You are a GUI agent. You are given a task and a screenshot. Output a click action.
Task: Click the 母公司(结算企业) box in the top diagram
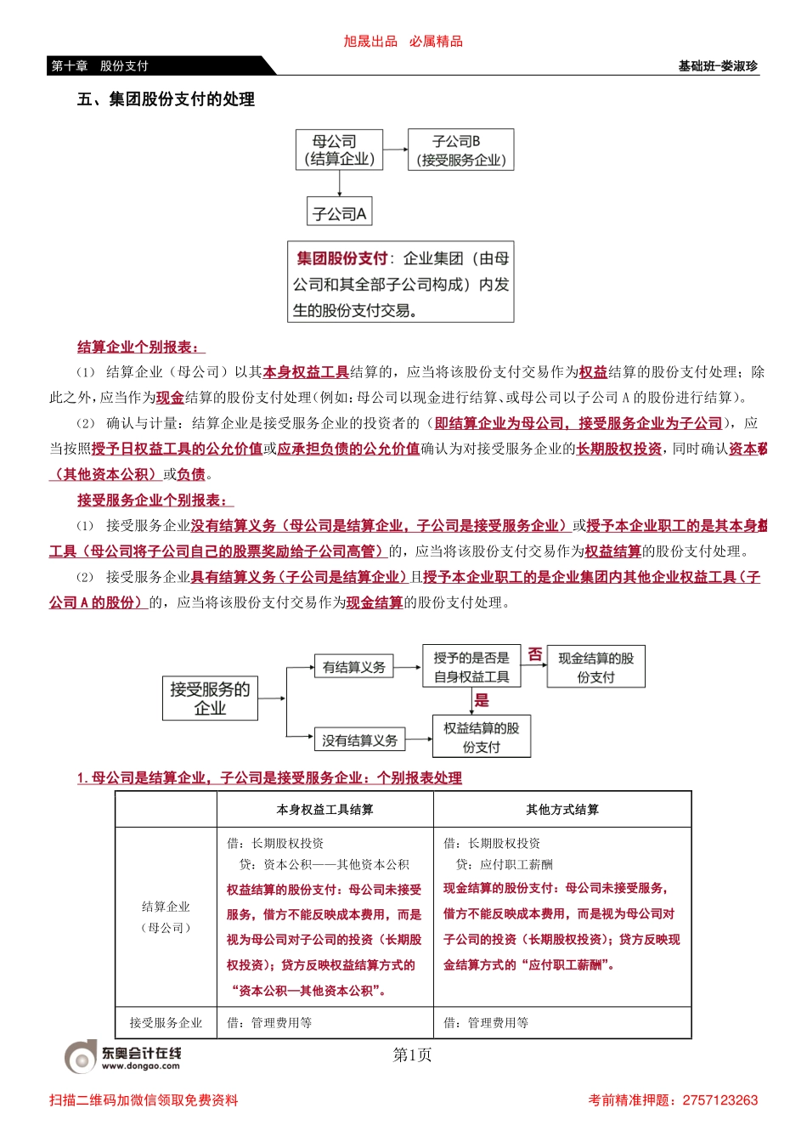click(x=339, y=150)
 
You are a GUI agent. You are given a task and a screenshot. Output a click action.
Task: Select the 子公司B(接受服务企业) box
click(x=460, y=150)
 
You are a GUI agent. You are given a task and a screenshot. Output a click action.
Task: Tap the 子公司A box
click(x=339, y=212)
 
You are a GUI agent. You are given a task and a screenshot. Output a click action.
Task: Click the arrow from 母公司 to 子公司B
click(x=395, y=150)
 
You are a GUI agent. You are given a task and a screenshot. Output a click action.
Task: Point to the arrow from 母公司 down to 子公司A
click(x=339, y=184)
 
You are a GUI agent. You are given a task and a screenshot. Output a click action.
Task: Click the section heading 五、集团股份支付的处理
click(x=166, y=99)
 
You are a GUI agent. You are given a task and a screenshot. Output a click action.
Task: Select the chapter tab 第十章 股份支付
click(x=100, y=66)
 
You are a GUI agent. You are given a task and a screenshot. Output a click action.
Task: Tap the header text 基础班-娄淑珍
click(x=718, y=66)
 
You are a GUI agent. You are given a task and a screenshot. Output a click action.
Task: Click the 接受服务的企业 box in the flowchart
click(x=210, y=698)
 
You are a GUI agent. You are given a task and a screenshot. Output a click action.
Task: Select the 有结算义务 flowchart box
click(x=353, y=668)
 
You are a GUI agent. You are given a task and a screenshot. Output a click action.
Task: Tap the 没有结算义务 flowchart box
click(x=359, y=740)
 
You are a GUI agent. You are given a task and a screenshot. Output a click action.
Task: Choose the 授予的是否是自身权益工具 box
click(x=471, y=667)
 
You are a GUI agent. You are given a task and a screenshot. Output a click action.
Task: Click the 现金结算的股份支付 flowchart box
click(x=595, y=668)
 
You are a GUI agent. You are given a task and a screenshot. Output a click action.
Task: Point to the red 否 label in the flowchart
click(x=534, y=654)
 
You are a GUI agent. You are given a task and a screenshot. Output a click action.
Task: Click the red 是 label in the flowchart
click(x=482, y=700)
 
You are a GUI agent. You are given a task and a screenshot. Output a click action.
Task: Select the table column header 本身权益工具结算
click(x=324, y=810)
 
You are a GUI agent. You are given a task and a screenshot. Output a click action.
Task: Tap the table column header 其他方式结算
click(x=562, y=810)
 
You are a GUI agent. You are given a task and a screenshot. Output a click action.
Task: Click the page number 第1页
click(x=412, y=1055)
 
